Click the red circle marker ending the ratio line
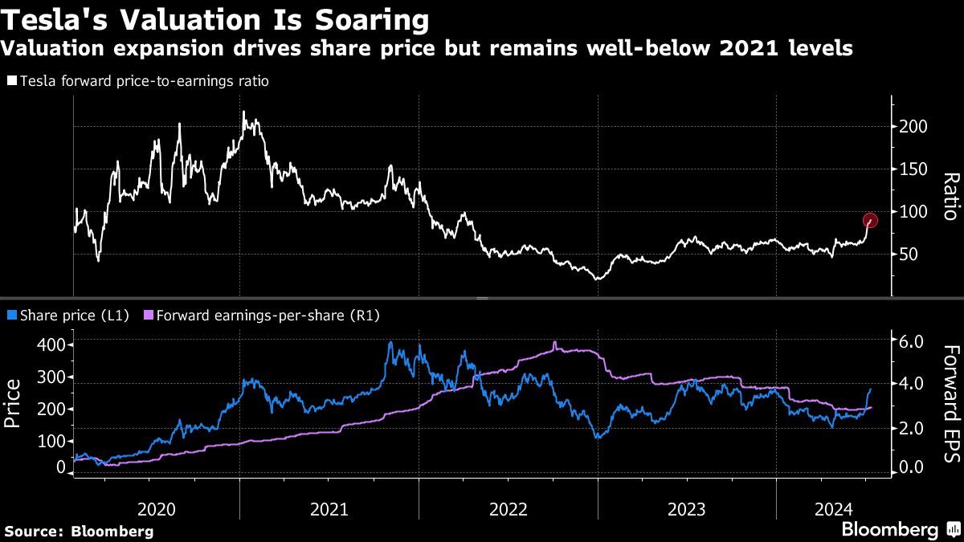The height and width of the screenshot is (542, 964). [x=870, y=221]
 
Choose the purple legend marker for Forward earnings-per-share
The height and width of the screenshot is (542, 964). [x=148, y=316]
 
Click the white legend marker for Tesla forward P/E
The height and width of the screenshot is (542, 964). [x=10, y=81]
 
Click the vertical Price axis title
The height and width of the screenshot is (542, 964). [x=14, y=404]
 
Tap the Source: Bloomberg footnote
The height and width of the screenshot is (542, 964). [x=78, y=531]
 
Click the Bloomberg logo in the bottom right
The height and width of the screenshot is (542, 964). [x=899, y=529]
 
